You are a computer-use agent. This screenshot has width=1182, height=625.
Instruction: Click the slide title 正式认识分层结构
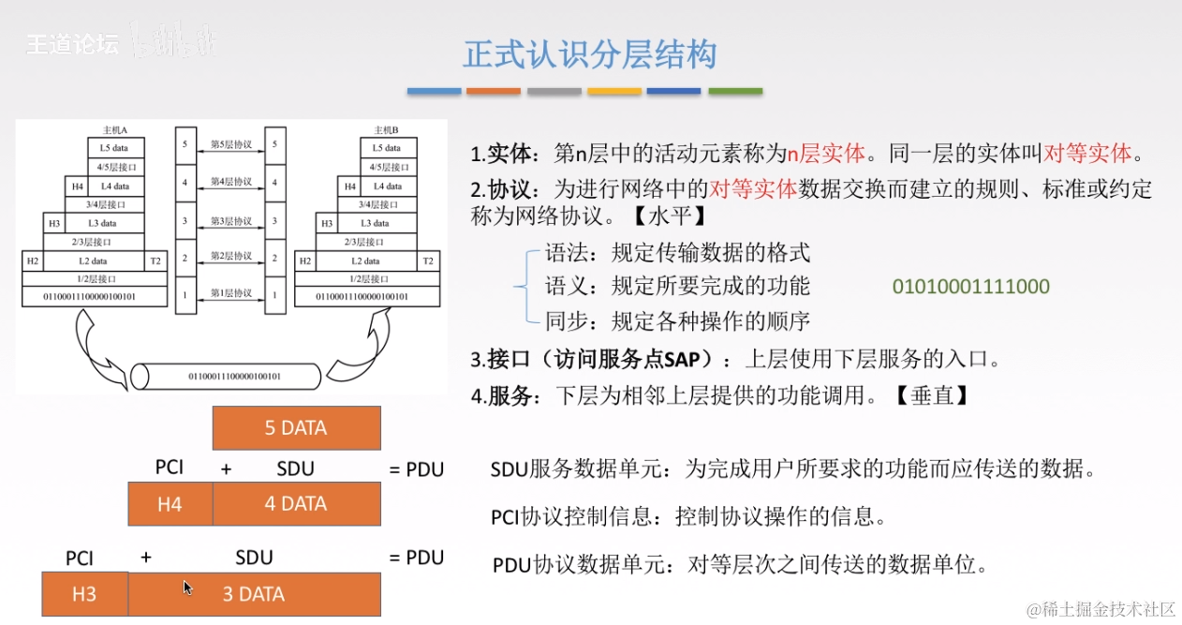590,54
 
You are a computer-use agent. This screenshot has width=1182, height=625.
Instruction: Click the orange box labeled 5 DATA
297,428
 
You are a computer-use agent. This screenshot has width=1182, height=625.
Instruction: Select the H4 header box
170,504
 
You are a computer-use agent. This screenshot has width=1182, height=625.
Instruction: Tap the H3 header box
84,594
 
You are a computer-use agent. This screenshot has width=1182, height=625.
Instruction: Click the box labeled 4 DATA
296,504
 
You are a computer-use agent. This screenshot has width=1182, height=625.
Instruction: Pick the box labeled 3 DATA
254,594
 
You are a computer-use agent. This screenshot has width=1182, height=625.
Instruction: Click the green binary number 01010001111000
970,287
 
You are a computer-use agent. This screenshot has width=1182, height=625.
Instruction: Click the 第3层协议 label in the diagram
230,222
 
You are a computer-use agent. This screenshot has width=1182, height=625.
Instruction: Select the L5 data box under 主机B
387,148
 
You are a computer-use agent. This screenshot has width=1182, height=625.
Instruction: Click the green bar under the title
735,91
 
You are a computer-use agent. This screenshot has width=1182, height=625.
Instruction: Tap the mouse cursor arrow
188,588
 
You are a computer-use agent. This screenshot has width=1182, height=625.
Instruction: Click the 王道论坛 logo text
72,44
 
